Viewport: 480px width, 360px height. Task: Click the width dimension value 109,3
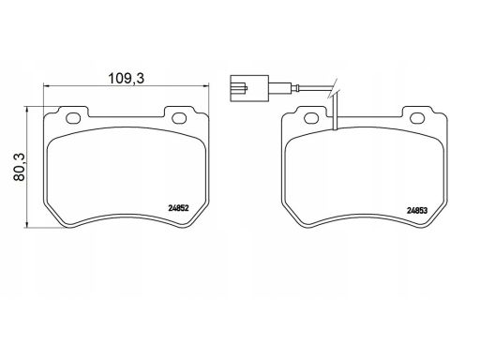127,79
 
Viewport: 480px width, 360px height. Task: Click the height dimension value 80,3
20,167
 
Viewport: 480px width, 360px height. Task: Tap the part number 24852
178,208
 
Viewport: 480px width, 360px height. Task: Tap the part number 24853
417,211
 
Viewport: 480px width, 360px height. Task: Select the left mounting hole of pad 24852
73,118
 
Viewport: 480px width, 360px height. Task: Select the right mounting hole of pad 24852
179,118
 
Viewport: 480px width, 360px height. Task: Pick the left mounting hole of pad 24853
311,118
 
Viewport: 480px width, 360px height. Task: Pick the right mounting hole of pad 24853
417,118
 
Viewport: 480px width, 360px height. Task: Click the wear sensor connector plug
249,88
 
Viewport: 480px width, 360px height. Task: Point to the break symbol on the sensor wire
334,88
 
